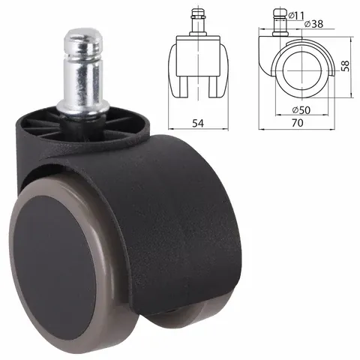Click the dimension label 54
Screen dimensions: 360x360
[x=198, y=123]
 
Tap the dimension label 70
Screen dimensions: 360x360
[x=297, y=123]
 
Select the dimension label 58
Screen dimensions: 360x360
[x=346, y=66]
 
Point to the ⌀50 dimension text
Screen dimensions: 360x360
[x=301, y=110]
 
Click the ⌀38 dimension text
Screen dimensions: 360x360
[x=314, y=24]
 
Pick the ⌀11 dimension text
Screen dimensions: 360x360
[x=296, y=16]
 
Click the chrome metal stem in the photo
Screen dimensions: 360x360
[x=83, y=73]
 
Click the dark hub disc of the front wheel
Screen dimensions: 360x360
[x=55, y=268]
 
